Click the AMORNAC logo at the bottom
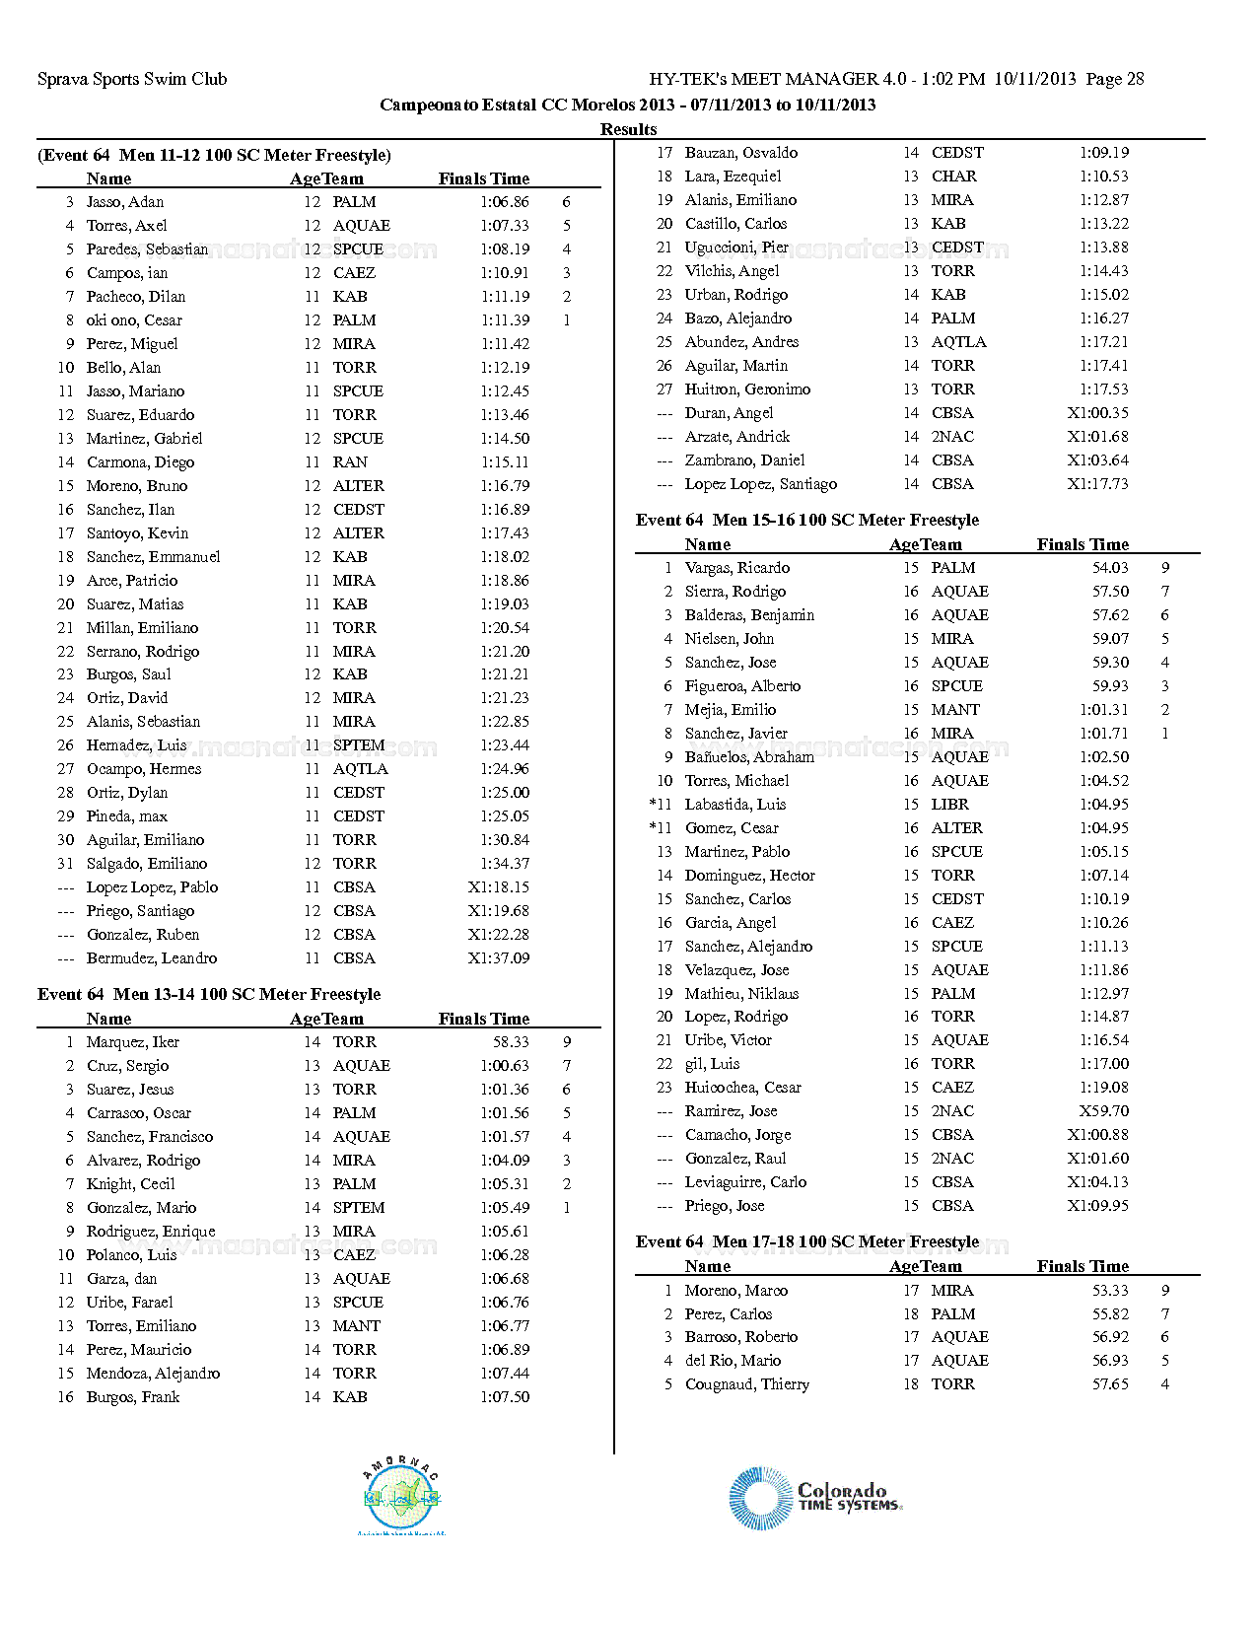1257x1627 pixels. click(x=401, y=1497)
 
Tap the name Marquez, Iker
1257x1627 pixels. click(x=133, y=1042)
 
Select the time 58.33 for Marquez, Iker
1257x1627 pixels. click(x=511, y=1042)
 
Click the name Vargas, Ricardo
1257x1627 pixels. click(x=737, y=568)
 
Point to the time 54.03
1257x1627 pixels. click(x=1110, y=568)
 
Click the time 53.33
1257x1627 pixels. click(x=1110, y=1291)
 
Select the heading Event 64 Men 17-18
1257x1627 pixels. click(x=807, y=1242)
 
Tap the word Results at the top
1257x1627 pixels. click(x=628, y=129)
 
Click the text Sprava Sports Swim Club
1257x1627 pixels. click(x=132, y=79)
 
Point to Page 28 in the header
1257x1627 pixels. click(x=1115, y=79)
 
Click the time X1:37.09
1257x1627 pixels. click(x=499, y=958)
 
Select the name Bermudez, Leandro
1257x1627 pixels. click(x=152, y=958)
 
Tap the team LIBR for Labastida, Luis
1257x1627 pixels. click(x=950, y=805)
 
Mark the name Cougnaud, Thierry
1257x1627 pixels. click(x=747, y=1384)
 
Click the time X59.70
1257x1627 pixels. click(x=1104, y=1111)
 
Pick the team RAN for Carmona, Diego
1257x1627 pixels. click(x=350, y=462)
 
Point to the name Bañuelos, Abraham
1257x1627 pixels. click(x=749, y=757)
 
